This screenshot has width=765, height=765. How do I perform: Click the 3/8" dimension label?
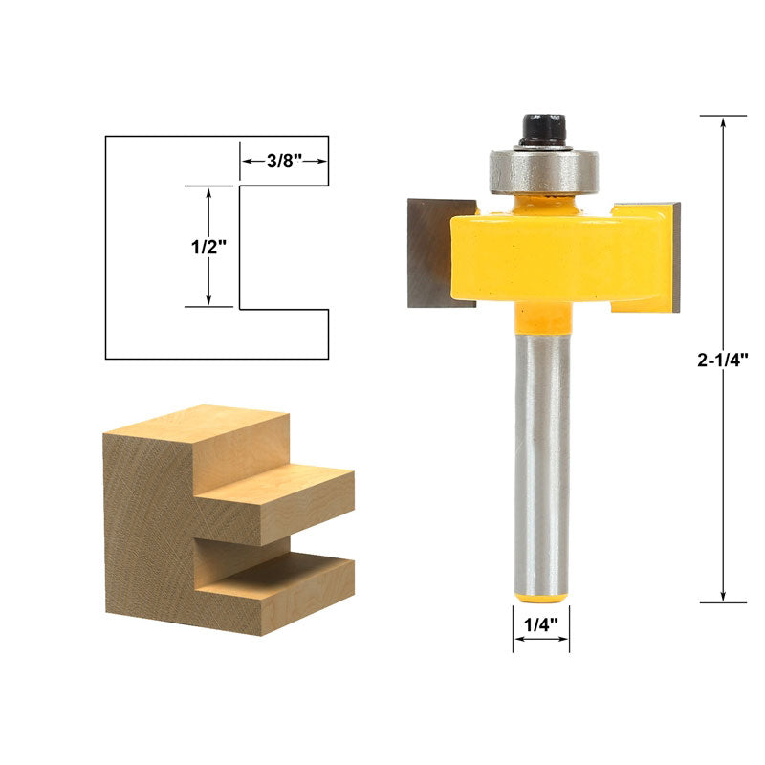283,161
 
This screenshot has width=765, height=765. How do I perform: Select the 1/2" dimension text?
208,246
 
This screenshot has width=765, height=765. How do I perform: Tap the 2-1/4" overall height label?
722,361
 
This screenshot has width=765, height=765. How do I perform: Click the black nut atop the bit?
541,130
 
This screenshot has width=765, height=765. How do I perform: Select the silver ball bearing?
541,170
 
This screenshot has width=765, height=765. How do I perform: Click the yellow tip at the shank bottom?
540,598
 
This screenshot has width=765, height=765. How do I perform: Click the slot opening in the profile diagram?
284,247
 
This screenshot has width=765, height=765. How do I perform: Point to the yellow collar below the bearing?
541,203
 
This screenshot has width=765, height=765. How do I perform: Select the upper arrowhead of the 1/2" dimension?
208,192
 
